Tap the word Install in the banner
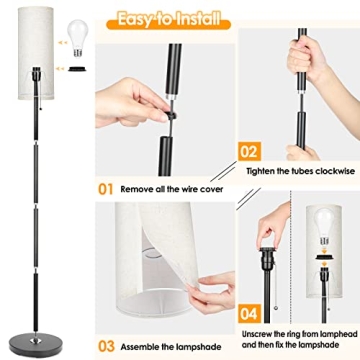pos(200,18)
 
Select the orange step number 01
pos(107,187)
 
